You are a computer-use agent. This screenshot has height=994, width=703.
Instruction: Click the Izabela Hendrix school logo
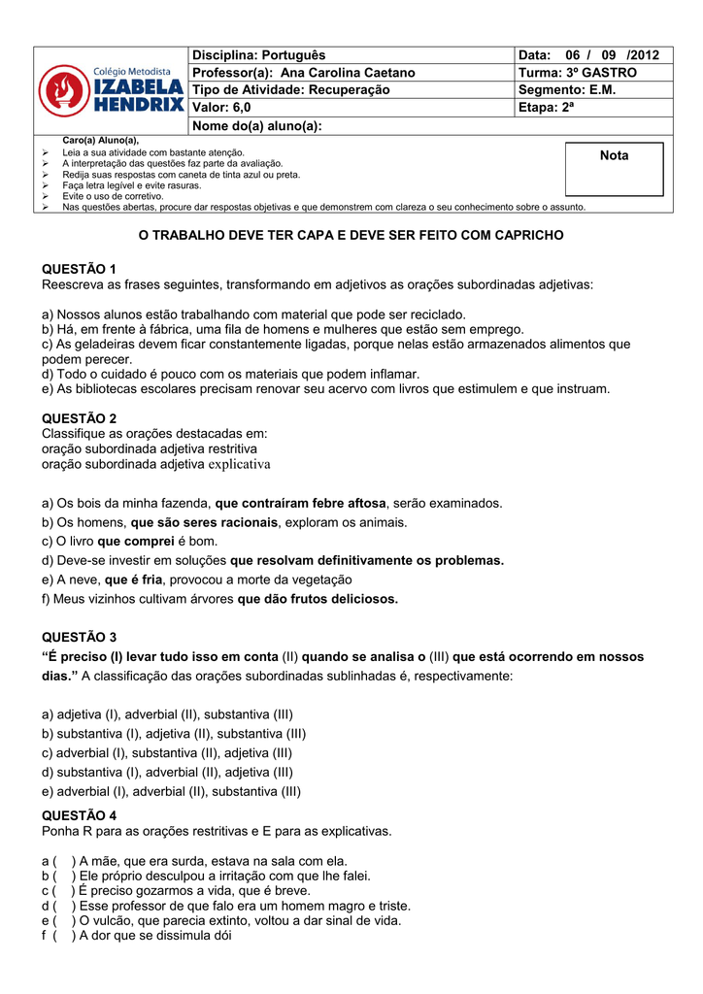tap(111, 90)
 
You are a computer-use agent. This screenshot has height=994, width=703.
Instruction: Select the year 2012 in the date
tap(642, 55)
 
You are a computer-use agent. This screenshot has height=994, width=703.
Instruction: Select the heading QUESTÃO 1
tap(80, 268)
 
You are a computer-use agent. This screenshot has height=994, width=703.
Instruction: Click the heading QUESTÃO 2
tap(80, 417)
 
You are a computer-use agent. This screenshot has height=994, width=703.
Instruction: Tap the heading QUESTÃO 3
tap(80, 637)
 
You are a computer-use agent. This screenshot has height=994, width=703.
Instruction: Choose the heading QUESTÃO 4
tap(80, 814)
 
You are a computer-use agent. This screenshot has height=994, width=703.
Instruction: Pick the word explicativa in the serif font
tap(240, 464)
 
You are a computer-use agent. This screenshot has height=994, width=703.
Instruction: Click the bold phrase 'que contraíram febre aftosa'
tap(300, 504)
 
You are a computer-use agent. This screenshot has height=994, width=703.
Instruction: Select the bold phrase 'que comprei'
tap(135, 542)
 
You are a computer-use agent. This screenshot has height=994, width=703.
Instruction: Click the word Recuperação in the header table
tap(349, 90)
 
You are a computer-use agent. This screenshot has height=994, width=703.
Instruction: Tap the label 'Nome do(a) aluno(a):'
tap(257, 126)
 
